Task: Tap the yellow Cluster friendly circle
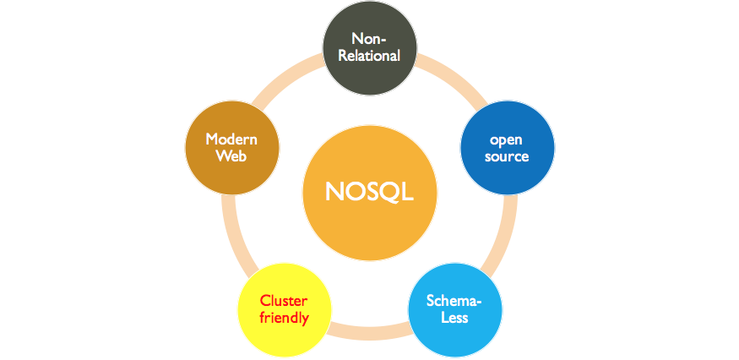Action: [x=284, y=309]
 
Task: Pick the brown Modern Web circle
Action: [x=231, y=147]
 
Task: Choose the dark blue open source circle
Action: [x=507, y=147]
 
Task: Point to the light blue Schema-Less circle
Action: [x=454, y=309]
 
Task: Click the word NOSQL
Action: [x=369, y=192]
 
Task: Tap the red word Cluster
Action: [x=284, y=301]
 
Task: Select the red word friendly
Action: [x=284, y=319]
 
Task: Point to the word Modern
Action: [x=231, y=139]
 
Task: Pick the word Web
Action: [x=231, y=156]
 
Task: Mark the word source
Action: [x=507, y=156]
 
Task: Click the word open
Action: [x=507, y=139]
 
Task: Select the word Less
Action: [x=454, y=319]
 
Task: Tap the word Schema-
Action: [x=454, y=301]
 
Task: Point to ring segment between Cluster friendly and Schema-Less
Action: [x=369, y=333]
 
